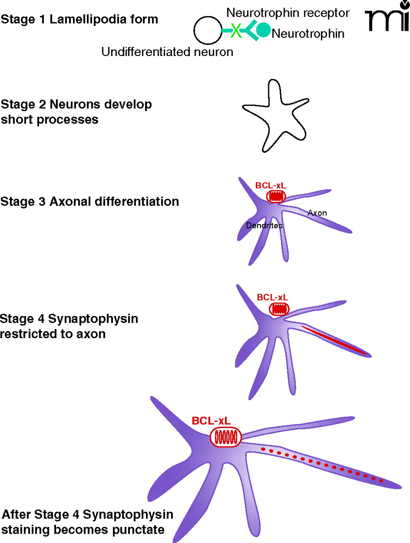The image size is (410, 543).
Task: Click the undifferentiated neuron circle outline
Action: click(x=208, y=30)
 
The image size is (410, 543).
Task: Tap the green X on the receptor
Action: click(x=236, y=30)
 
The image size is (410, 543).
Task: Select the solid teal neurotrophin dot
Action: click(x=264, y=29)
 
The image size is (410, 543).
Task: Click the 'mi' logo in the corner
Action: click(x=387, y=17)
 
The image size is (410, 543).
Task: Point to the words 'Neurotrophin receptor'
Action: click(x=288, y=13)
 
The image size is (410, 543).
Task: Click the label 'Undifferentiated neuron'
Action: click(x=167, y=52)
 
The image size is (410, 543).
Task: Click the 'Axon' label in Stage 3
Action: click(x=317, y=213)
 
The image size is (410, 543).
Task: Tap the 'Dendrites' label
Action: click(x=264, y=225)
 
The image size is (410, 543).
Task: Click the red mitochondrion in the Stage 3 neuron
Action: click(x=276, y=196)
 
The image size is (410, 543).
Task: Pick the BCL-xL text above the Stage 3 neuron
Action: click(x=270, y=185)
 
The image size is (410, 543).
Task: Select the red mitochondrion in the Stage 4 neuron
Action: click(x=279, y=309)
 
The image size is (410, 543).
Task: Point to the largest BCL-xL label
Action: click(x=211, y=421)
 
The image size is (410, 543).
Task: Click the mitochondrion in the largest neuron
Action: click(x=226, y=437)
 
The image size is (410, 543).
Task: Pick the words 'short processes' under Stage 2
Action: click(x=50, y=120)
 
